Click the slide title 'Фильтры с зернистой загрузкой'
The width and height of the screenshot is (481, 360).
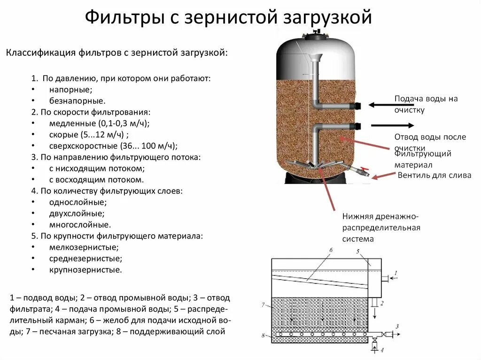coord(228,18)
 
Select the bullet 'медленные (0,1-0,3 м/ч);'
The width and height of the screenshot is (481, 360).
coord(99,123)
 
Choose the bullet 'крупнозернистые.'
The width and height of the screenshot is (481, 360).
coord(85,269)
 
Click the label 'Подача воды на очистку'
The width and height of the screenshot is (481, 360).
coord(426,104)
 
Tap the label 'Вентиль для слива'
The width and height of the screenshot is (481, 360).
coord(434,176)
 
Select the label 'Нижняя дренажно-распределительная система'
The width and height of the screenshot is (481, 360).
coord(380,228)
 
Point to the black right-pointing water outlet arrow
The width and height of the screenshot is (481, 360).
coord(392,125)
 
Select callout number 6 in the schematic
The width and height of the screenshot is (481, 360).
coord(331,250)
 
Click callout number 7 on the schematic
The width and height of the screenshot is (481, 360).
coord(264,305)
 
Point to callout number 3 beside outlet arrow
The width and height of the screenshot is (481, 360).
coord(397,326)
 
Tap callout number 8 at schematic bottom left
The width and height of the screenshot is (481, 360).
coord(264,335)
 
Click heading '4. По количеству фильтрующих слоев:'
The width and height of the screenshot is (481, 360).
coord(107,191)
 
